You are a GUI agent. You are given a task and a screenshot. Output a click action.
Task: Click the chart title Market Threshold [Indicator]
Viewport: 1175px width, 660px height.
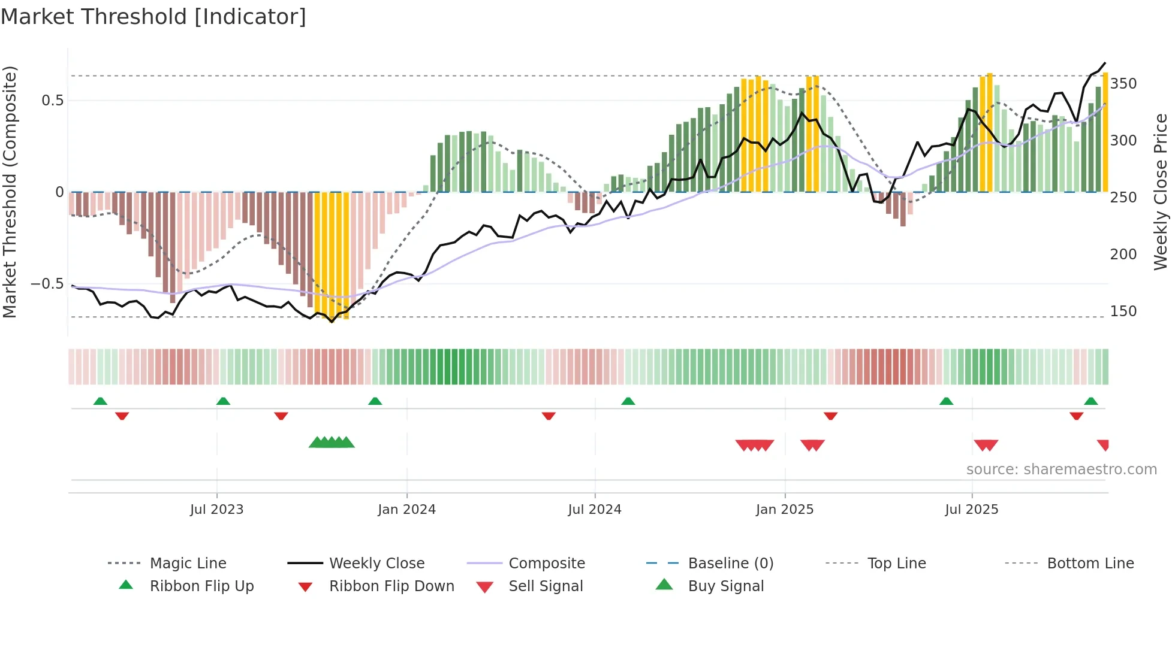(153, 17)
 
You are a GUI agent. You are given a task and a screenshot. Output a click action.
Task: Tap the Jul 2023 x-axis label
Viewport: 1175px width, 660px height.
(216, 510)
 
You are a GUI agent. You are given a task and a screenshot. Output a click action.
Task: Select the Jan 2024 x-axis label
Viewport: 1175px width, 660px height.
(406, 510)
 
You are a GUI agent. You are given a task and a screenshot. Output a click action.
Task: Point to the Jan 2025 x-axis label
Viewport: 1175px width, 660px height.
(784, 510)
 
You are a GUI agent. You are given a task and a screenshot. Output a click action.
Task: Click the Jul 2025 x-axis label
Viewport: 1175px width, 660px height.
(971, 510)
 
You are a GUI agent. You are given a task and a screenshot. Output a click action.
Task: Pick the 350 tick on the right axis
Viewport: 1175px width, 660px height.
(1123, 84)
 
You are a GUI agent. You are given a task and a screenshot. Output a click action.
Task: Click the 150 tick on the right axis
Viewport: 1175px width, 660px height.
(1123, 311)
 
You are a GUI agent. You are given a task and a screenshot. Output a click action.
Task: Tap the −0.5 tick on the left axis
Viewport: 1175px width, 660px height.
(47, 284)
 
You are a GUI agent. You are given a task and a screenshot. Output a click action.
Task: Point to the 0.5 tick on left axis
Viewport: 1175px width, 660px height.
(52, 101)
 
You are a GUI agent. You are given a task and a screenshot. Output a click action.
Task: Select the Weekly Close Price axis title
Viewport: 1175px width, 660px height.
(1161, 192)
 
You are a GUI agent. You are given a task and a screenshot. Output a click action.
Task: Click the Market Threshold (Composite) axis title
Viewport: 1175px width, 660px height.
(10, 192)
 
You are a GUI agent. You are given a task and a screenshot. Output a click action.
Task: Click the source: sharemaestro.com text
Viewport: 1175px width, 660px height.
(1061, 470)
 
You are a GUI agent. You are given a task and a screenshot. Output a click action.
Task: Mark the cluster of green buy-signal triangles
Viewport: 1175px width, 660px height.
(332, 443)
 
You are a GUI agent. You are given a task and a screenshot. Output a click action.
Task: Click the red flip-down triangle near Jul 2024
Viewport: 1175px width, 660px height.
(549, 416)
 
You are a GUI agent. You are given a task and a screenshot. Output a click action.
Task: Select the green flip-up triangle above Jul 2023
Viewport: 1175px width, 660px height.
(223, 401)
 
